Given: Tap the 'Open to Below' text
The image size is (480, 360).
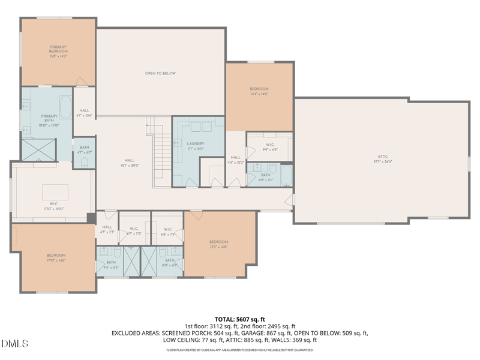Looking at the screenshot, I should (x=160, y=73).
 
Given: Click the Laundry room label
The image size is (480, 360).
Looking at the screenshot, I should (x=196, y=144).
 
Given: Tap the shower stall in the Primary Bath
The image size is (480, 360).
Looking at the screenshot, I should (x=39, y=149).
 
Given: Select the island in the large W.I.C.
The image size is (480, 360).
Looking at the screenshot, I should (x=55, y=192).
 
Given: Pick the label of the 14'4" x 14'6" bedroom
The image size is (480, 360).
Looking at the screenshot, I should (x=259, y=89).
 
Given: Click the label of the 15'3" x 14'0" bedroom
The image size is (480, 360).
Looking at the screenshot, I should (x=219, y=242).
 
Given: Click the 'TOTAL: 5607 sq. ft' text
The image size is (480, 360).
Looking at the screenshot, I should (x=240, y=319).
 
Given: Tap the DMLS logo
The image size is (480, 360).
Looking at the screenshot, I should (x=15, y=344).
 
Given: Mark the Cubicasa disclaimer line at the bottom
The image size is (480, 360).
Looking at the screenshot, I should (x=240, y=349).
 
